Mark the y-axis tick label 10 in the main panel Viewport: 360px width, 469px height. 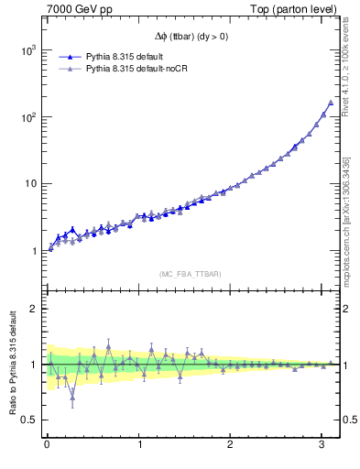point(31,184)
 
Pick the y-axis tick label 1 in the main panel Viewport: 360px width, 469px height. point(35,251)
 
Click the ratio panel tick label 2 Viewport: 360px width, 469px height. point(35,309)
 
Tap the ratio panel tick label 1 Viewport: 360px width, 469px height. point(35,365)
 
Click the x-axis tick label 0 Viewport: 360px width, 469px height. point(47,445)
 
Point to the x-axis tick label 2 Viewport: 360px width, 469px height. point(232,445)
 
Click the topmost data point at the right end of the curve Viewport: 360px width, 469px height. point(331,102)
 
